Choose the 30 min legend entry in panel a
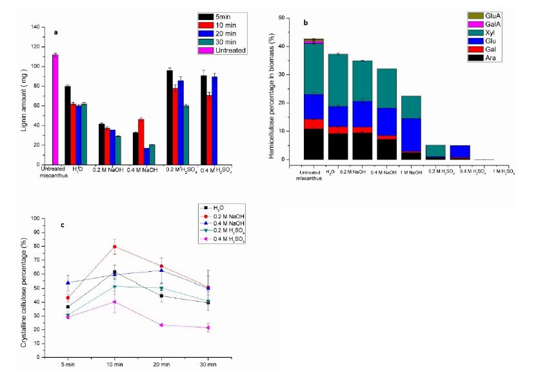tap(226, 42)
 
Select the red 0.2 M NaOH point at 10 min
tap(115, 246)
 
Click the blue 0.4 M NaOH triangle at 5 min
tap(68, 283)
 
